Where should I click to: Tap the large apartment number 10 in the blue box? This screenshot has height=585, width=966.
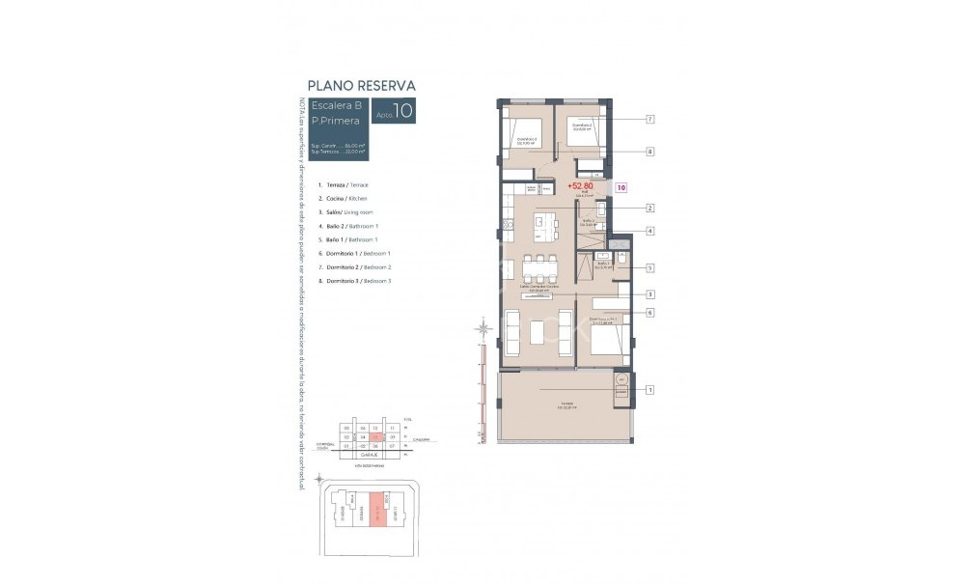(x=403, y=111)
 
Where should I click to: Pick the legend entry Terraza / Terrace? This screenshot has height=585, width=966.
(x=343, y=183)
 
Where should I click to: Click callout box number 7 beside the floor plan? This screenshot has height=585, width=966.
(x=650, y=119)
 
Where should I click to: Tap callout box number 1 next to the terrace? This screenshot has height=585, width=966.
(x=650, y=390)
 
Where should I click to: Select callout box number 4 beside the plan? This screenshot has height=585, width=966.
(x=650, y=231)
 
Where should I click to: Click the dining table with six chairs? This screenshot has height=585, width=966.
(x=537, y=265)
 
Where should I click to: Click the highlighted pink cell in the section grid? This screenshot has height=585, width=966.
(x=376, y=437)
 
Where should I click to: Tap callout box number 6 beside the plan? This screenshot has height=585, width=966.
(x=650, y=312)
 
